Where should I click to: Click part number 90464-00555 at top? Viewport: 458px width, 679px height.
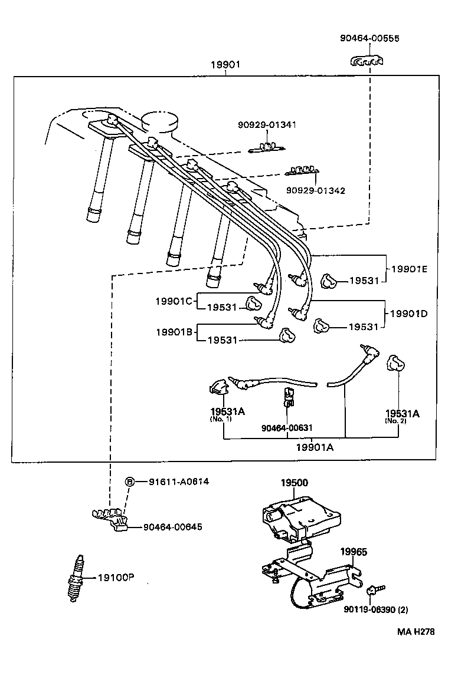pyautogui.click(x=369, y=38)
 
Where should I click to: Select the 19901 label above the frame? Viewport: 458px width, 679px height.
pyautogui.click(x=225, y=65)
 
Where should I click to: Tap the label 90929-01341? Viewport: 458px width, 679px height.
pyautogui.click(x=267, y=125)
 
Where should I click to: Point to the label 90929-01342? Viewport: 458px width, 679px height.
pyautogui.click(x=316, y=190)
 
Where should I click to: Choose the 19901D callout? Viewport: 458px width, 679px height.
pyautogui.click(x=408, y=314)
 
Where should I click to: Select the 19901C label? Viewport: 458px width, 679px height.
pyautogui.click(x=174, y=301)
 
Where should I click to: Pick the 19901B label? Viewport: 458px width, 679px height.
pyautogui.click(x=174, y=332)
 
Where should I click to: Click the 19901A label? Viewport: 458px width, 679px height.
pyautogui.click(x=315, y=447)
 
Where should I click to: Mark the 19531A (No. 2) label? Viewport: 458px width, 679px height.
pyautogui.click(x=402, y=416)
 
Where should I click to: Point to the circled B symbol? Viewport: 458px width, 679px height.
pyautogui.click(x=130, y=482)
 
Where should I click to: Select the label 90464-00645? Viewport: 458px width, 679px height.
pyautogui.click(x=172, y=526)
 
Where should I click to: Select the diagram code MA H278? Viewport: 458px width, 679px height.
pyautogui.click(x=416, y=631)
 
